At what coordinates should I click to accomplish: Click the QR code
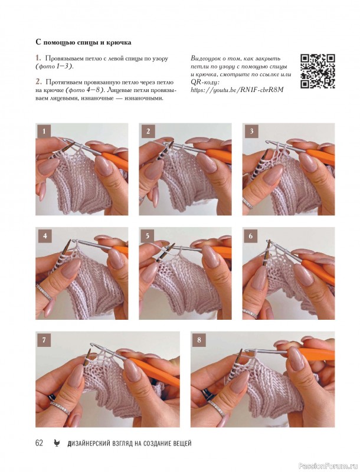318,71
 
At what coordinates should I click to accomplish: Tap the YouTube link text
237,90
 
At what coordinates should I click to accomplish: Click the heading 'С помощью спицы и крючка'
83,42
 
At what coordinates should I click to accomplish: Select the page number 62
39,443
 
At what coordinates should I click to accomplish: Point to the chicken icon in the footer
56,443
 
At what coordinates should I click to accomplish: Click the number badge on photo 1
44,131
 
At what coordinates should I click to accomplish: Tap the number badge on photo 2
148,131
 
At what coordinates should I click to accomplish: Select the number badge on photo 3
251,131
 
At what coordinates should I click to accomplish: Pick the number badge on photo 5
148,235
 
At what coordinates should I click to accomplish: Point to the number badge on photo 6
251,235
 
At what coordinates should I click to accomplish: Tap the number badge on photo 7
44,340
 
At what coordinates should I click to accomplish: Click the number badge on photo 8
199,340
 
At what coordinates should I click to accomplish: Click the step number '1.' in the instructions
38,58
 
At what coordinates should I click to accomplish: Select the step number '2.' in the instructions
38,81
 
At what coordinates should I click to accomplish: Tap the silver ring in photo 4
44,291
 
